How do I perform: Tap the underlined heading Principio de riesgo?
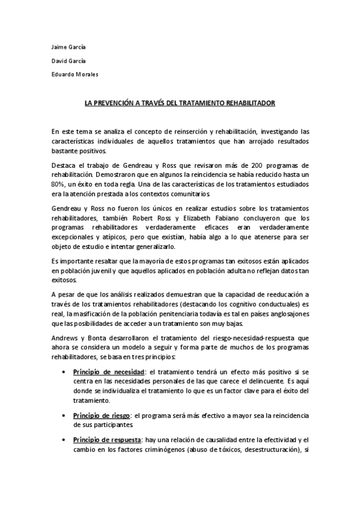coord(100,415)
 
